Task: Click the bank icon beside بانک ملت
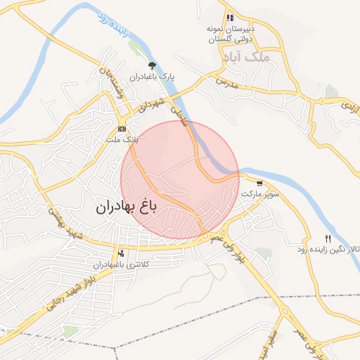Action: (122, 129)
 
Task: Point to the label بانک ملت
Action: (120, 139)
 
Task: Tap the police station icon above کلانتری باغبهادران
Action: (122, 253)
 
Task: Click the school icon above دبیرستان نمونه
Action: (229, 18)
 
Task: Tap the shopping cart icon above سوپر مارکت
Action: (260, 183)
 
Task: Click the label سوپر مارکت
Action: (260, 192)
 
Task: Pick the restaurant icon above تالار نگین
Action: (328, 239)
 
